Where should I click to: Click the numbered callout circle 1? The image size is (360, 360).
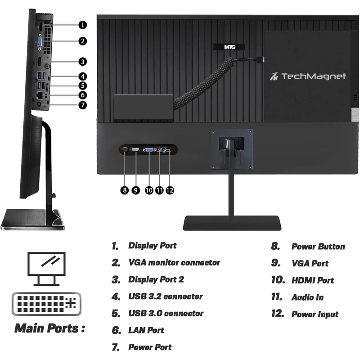click(83, 25)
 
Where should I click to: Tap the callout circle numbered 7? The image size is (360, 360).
click(83, 105)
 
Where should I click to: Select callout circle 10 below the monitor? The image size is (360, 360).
click(149, 190)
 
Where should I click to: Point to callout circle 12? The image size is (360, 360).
click(170, 190)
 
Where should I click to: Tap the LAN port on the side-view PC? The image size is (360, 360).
click(39, 94)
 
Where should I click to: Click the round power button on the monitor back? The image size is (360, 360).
click(125, 150)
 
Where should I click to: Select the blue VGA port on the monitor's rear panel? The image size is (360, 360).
click(149, 150)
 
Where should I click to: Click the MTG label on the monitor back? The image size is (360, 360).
click(229, 47)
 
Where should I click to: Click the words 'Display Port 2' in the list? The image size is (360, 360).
click(156, 279)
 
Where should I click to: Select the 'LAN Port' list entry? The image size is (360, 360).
click(146, 330)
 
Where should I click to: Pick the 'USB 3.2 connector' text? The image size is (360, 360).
click(166, 297)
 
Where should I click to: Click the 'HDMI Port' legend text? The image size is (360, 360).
click(313, 280)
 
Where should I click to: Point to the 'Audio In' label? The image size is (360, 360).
click(307, 297)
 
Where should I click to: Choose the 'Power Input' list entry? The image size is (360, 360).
click(315, 314)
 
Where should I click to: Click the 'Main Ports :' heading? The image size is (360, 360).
click(49, 328)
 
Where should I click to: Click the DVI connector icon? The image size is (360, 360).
click(47, 304)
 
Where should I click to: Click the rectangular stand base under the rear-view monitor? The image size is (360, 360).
click(232, 223)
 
